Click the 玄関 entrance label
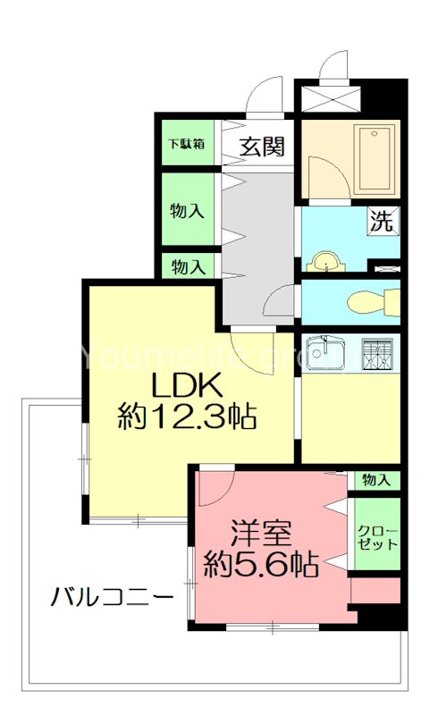tap(261, 146)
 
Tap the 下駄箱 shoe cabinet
tap(188, 143)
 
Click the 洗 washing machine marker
tap(382, 222)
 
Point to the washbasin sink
tap(327, 260)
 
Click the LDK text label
tap(185, 386)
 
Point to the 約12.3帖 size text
tap(188, 417)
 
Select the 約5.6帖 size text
tap(260, 564)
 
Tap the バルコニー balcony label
tap(112, 596)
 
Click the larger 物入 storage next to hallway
tap(188, 211)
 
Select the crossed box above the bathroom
tap(329, 96)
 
